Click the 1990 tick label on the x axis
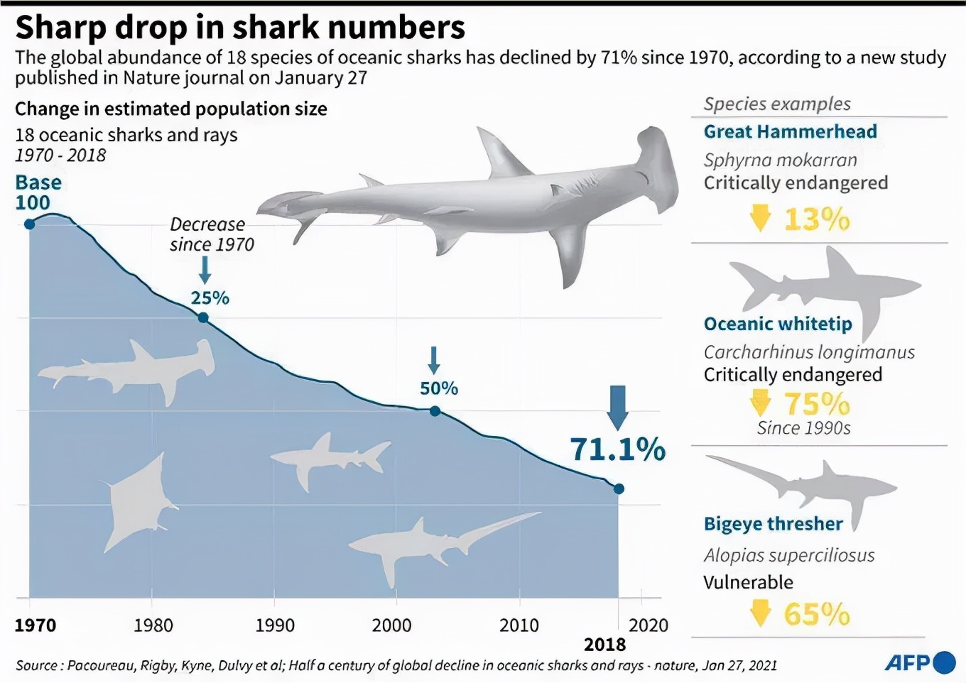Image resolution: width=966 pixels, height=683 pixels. [x=275, y=625]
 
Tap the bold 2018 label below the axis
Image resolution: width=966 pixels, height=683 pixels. [x=604, y=645]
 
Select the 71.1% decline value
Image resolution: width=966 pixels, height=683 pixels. [x=617, y=449]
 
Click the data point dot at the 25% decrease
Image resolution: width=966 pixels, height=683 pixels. [x=203, y=317]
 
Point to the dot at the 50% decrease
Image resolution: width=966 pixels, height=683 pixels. [x=435, y=411]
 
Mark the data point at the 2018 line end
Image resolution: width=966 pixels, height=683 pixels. [x=619, y=488]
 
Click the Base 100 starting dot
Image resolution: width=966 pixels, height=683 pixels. [x=29, y=224]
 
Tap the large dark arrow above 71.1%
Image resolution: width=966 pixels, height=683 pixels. [x=618, y=407]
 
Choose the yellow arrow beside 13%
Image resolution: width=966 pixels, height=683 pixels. [x=760, y=218]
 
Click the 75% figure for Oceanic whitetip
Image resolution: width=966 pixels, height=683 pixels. [x=817, y=404]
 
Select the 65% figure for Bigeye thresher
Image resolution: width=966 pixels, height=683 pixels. [x=817, y=614]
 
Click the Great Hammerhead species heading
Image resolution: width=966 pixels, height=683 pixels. [x=790, y=131]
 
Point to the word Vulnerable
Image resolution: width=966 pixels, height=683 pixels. [x=748, y=582]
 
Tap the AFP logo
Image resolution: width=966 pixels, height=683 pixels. [x=919, y=663]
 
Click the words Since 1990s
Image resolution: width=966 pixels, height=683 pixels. [x=803, y=428]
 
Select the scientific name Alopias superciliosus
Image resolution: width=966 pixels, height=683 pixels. [x=788, y=555]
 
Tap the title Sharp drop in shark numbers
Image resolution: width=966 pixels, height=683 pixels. [x=240, y=27]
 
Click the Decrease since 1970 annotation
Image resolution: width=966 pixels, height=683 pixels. [x=211, y=234]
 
